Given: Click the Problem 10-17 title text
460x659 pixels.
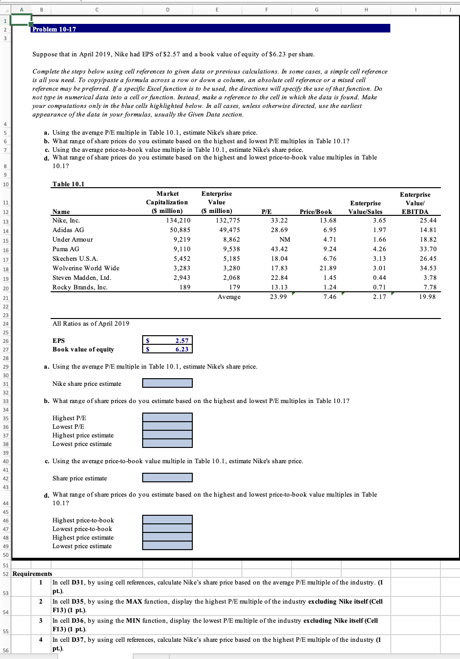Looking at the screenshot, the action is click(x=54, y=29).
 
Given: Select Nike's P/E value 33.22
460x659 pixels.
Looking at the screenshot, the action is click(x=279, y=220).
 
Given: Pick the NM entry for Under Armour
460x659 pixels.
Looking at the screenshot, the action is click(x=284, y=239).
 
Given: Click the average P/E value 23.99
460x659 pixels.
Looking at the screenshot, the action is click(x=278, y=297).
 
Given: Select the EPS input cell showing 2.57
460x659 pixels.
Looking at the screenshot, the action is click(x=168, y=340).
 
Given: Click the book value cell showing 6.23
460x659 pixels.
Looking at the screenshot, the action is click(x=168, y=349).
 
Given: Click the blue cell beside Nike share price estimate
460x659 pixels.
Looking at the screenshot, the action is click(x=167, y=383).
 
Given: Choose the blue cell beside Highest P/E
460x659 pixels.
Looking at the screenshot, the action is click(x=167, y=417).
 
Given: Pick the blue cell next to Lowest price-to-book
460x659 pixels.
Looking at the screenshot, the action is click(x=167, y=528).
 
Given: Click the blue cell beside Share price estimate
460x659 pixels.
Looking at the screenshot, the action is click(x=167, y=478).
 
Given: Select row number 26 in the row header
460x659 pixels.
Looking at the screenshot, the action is click(x=5, y=340).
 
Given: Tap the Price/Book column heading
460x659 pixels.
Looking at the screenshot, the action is click(x=315, y=212).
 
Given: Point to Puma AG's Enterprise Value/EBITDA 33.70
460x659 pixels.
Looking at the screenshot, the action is click(x=428, y=249).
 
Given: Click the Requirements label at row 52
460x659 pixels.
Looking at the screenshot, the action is click(x=32, y=574).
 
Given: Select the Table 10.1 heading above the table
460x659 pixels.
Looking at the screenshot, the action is click(x=68, y=184).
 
